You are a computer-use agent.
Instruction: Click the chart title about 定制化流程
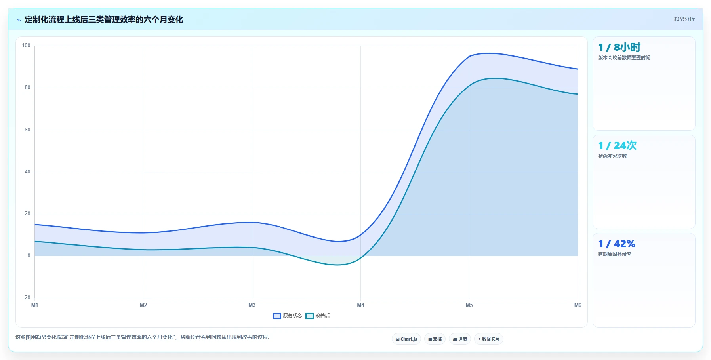104,19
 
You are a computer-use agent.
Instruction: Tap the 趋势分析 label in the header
684,19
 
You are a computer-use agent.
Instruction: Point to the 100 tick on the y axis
26,46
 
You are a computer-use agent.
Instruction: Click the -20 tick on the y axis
26,298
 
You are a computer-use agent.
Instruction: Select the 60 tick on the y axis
27,130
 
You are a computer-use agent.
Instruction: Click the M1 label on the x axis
35,305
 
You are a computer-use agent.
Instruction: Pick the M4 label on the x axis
360,305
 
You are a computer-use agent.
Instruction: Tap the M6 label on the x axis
578,305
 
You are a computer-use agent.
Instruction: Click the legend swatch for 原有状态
277,316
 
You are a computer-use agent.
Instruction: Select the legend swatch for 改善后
309,316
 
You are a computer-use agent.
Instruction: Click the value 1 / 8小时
619,48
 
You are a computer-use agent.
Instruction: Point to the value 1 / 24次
617,146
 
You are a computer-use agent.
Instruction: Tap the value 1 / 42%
616,244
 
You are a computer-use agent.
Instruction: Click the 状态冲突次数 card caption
612,156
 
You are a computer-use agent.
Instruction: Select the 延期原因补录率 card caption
615,254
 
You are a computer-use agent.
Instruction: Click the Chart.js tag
406,339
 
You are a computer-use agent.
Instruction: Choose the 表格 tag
435,339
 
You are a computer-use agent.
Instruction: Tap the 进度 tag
460,339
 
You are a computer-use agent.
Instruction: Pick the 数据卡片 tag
489,339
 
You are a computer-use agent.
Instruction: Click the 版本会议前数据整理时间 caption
624,58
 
